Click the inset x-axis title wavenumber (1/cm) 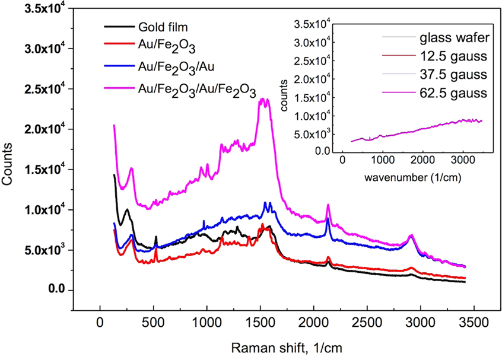click(x=402, y=177)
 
